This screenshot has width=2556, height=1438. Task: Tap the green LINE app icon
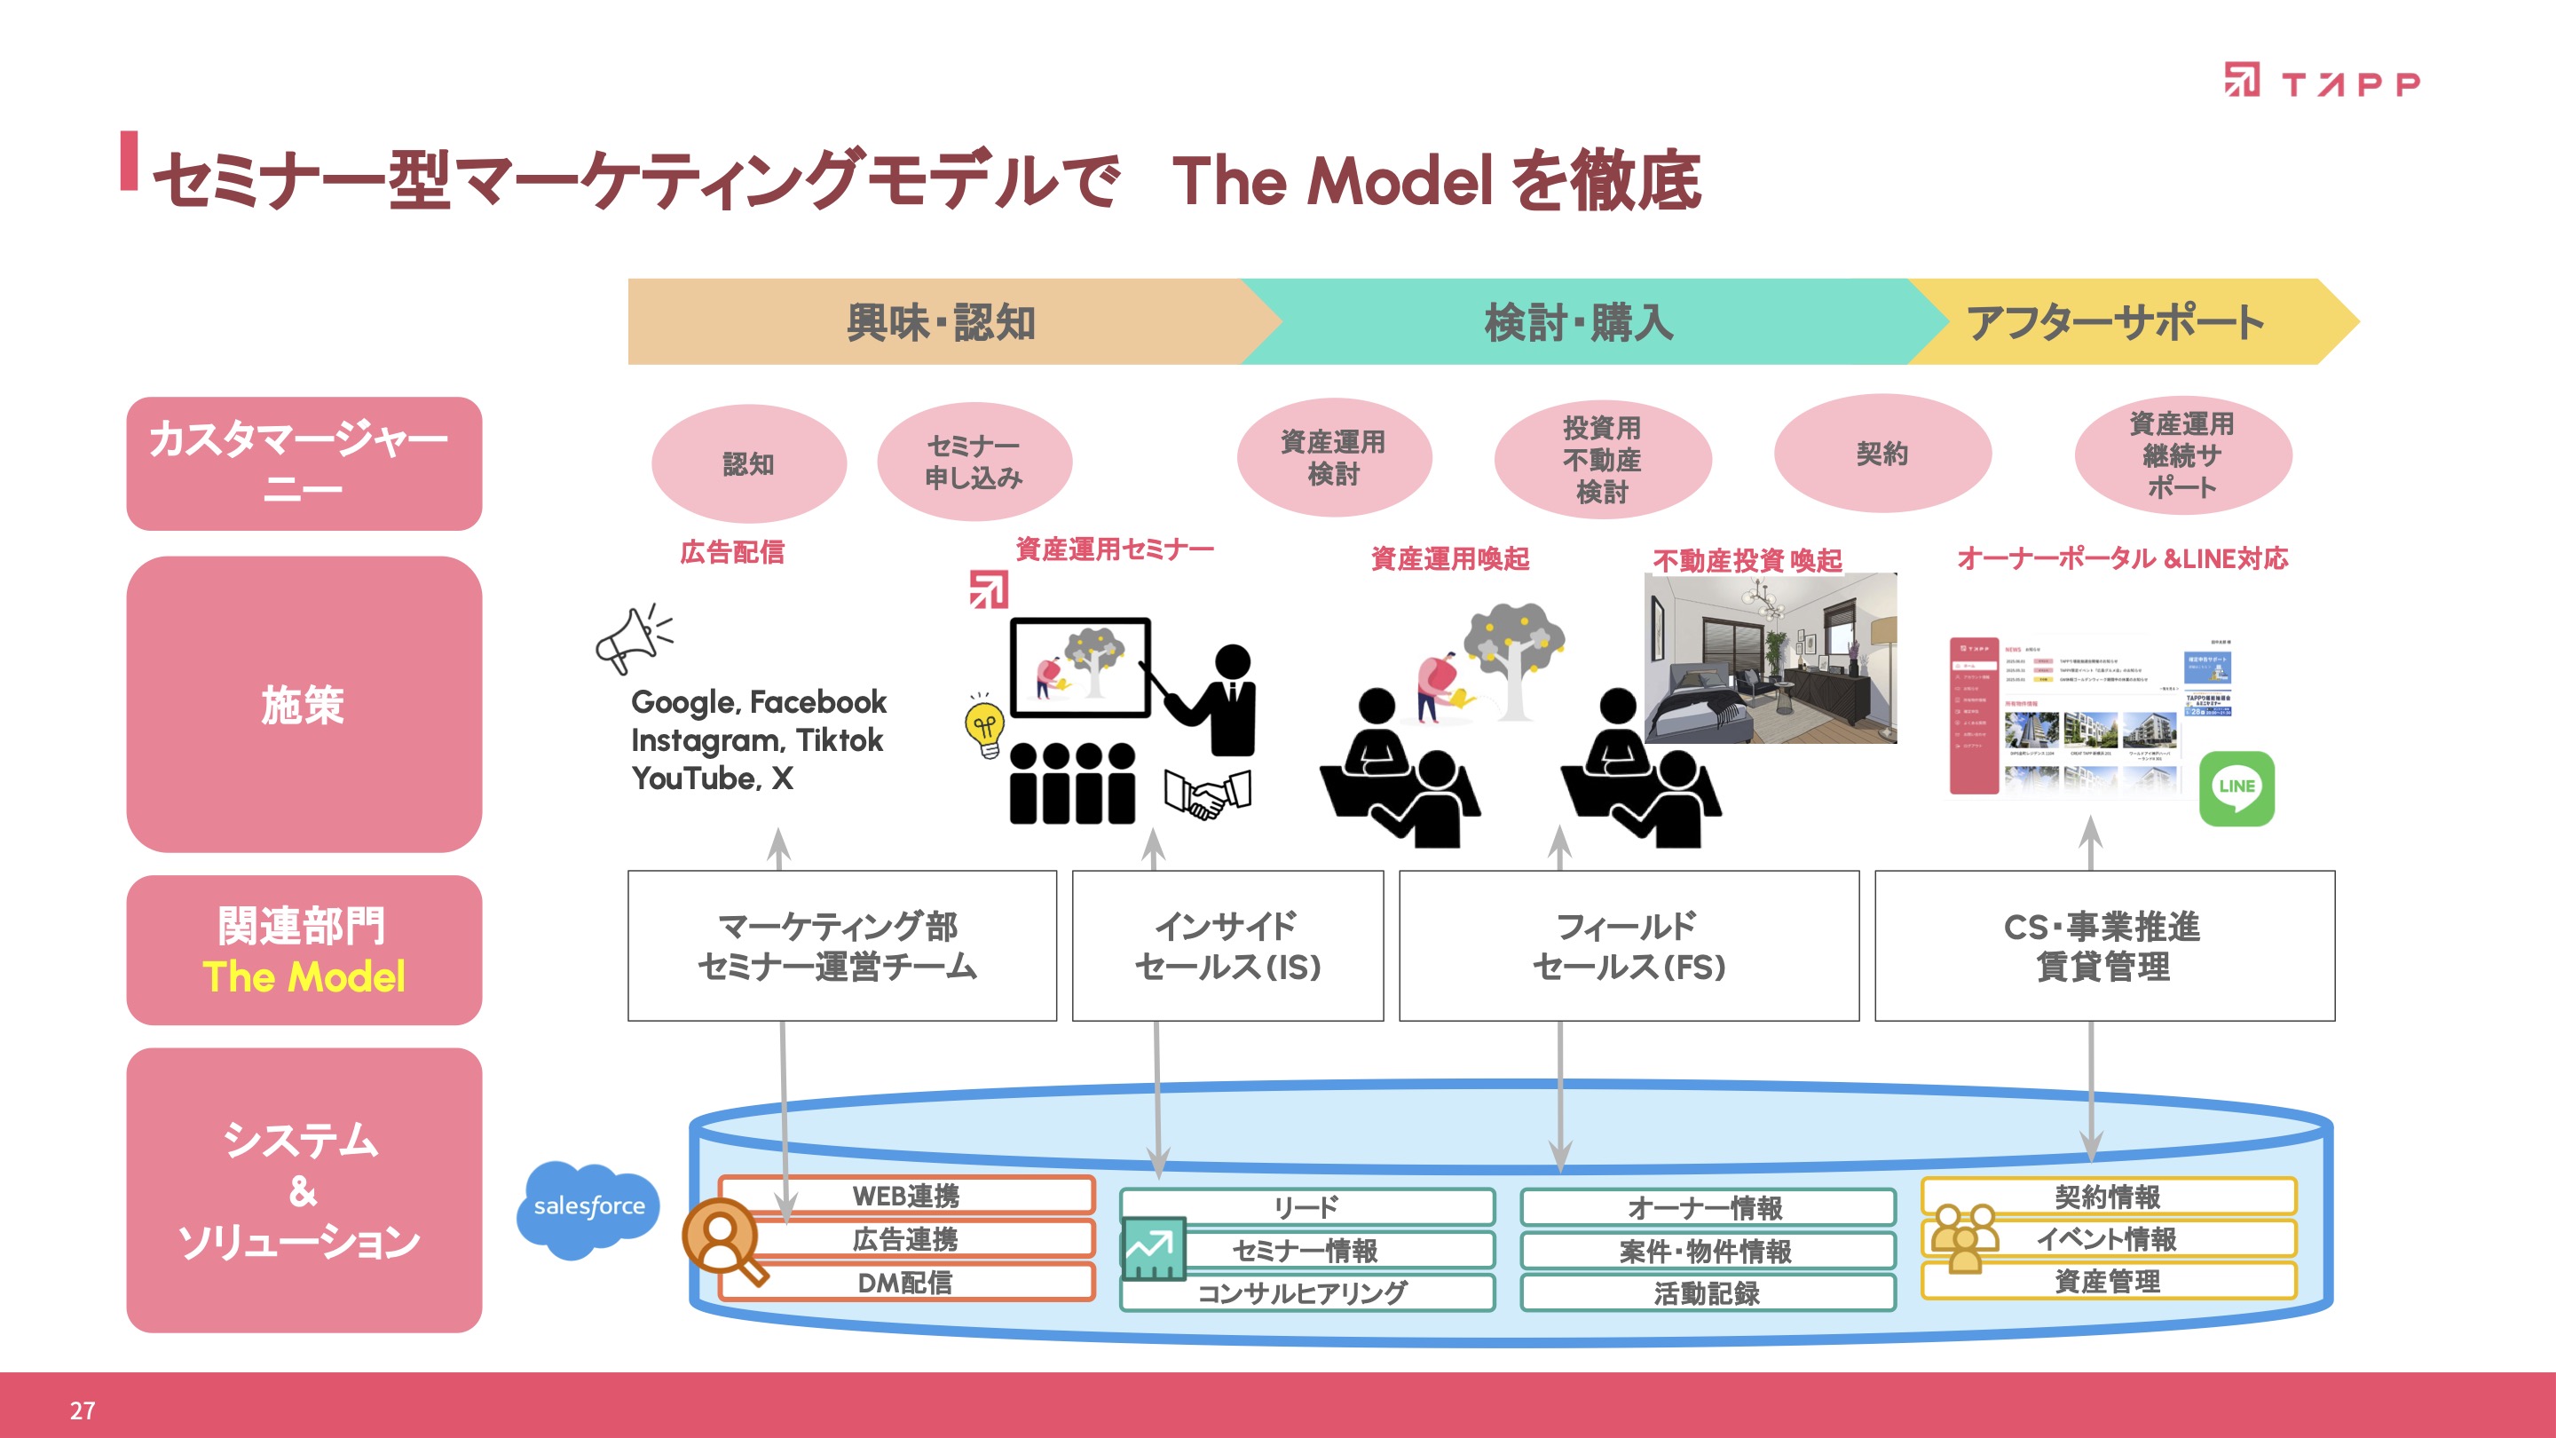tap(2236, 788)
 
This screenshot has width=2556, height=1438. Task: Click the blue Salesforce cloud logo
tap(588, 1207)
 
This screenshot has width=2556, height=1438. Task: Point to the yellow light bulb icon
tap(984, 728)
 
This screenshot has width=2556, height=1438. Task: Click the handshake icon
tap(1207, 793)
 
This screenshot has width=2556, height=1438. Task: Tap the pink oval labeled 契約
tap(1881, 454)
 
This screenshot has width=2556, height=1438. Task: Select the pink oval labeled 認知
tap(748, 463)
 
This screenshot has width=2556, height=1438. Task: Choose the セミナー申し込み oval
tap(974, 462)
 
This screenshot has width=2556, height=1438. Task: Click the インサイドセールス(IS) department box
tap(1227, 945)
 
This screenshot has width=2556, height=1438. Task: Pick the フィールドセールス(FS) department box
tap(1629, 945)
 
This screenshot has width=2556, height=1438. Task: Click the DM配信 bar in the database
tap(905, 1282)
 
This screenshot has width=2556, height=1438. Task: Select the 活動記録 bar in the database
tap(1707, 1293)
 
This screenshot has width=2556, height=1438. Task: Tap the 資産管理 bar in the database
tap(2108, 1281)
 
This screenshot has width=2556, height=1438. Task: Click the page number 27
tap(83, 1410)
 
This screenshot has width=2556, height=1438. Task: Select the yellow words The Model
tap(304, 976)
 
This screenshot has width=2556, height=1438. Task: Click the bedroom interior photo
tap(1771, 658)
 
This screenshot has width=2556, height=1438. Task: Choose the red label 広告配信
tap(732, 552)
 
